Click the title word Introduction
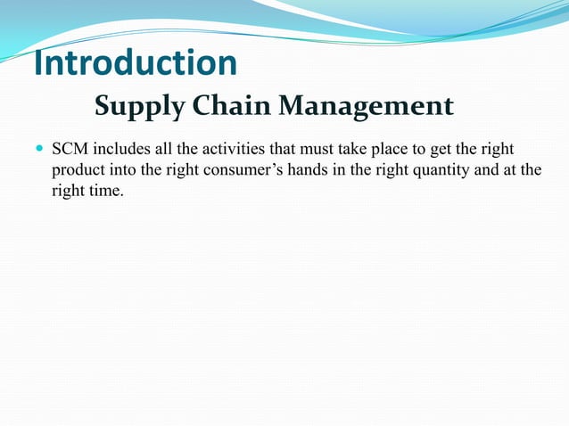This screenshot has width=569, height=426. [136, 63]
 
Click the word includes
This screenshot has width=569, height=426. [119, 147]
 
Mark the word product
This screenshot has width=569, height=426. [80, 169]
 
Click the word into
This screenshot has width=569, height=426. [130, 169]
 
